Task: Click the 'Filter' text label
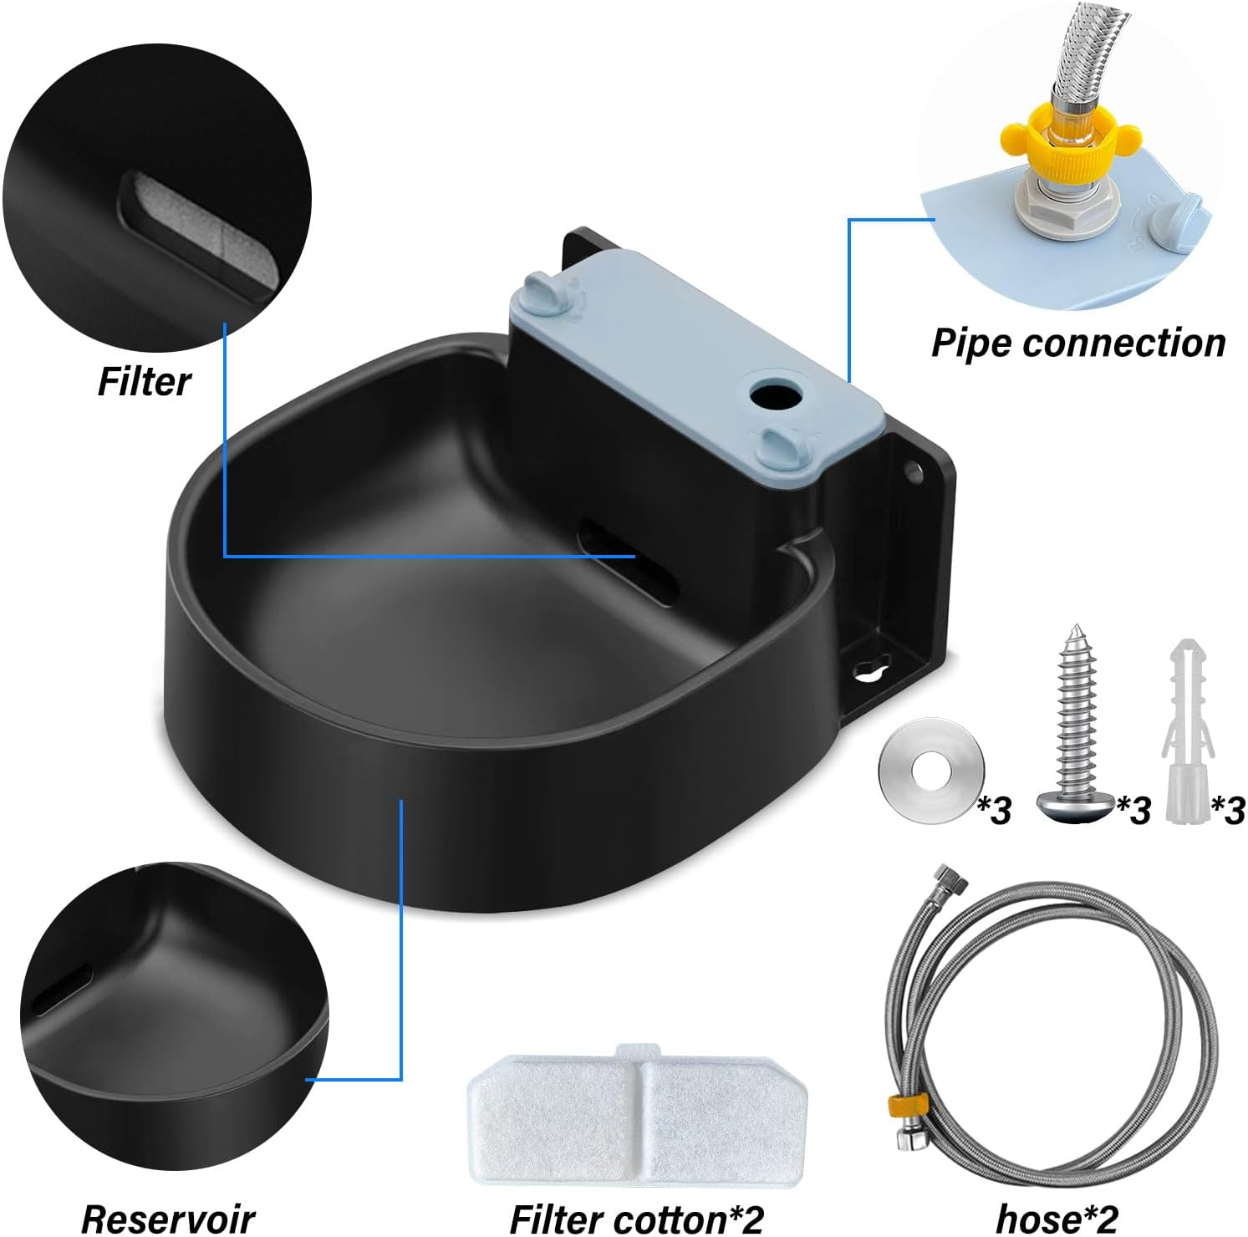(x=144, y=381)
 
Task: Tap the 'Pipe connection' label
(x=1078, y=343)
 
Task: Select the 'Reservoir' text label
(x=168, y=1218)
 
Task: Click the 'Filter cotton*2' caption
(x=637, y=1218)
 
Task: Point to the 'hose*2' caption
(x=1057, y=1218)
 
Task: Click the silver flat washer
(x=930, y=768)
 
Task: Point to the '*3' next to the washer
(x=995, y=809)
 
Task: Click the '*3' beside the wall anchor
(x=1228, y=809)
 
